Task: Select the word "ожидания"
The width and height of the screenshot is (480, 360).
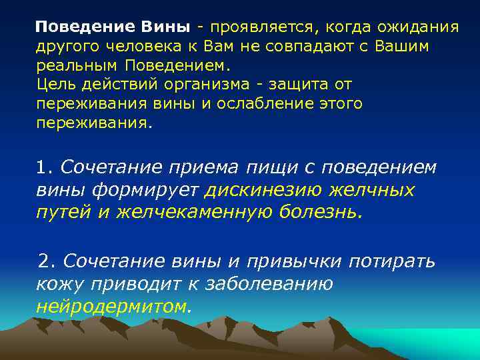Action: tap(419, 27)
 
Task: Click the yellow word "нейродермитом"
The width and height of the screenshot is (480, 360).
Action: tap(113, 306)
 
